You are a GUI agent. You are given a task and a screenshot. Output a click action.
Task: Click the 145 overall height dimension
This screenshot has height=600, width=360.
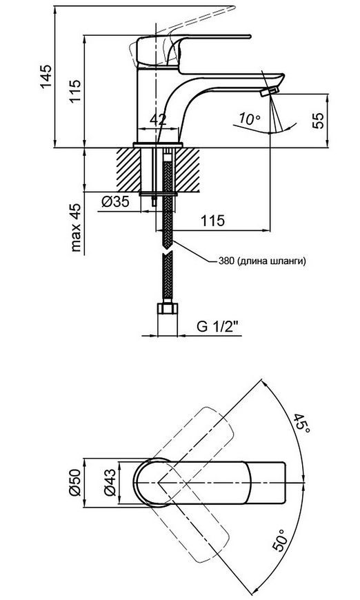(46, 76)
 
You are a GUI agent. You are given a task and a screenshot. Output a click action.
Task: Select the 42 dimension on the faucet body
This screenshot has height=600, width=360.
(158, 120)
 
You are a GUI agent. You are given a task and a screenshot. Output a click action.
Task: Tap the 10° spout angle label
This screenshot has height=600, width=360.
(250, 119)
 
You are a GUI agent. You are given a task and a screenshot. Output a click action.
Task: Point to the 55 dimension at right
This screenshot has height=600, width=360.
(319, 120)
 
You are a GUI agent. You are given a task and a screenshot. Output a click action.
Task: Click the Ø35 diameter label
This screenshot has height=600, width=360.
(115, 201)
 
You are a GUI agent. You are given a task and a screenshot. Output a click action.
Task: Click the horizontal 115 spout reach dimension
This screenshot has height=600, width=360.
(213, 221)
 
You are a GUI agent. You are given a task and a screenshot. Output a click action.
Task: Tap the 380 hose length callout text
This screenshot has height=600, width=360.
(263, 261)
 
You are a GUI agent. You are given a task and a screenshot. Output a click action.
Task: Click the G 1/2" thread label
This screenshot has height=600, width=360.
(218, 326)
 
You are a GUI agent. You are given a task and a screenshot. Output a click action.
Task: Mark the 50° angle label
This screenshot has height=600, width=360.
(280, 540)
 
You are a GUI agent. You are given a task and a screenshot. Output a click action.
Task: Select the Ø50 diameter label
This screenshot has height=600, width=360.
(76, 483)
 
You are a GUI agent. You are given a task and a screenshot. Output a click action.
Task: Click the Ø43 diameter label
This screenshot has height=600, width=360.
(110, 483)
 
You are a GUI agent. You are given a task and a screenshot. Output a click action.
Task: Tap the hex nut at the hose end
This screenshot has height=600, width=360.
(168, 308)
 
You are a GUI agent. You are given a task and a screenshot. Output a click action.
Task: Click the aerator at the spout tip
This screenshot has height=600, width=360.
(269, 92)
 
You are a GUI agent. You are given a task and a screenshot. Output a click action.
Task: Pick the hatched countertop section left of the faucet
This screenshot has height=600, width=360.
(128, 170)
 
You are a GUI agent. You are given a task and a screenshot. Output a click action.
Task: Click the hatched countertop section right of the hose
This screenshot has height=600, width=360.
(188, 170)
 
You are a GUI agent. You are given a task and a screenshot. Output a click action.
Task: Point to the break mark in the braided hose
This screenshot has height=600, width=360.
(168, 252)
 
